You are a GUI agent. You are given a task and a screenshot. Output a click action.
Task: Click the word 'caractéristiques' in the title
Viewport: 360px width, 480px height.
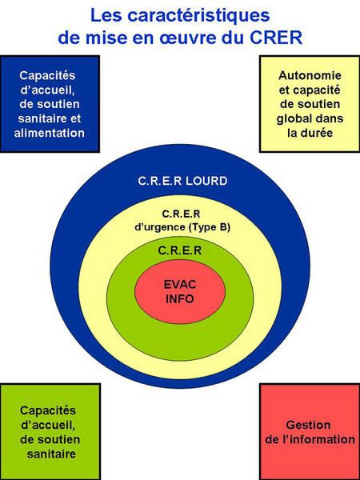tap(198, 17)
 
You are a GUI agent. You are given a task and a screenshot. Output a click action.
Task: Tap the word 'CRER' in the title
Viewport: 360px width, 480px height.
tap(276, 38)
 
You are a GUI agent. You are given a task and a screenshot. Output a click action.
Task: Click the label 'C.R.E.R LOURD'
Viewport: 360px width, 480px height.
tap(182, 181)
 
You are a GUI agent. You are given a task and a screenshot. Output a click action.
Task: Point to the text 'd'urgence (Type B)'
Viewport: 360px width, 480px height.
tap(182, 227)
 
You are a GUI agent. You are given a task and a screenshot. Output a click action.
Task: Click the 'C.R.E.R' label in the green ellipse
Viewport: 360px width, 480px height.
tap(180, 250)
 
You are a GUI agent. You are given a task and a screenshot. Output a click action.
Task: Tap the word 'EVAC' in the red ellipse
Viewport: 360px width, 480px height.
tap(180, 284)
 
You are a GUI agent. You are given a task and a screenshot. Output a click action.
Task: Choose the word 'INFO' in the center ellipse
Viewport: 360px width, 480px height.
tap(180, 298)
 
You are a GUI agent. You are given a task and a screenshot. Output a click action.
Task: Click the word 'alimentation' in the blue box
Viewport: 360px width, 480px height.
tap(50, 133)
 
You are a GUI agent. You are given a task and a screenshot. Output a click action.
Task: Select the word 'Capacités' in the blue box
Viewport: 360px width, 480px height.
tap(47, 76)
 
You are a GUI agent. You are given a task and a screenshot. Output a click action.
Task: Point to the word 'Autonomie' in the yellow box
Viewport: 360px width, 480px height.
tap(310, 75)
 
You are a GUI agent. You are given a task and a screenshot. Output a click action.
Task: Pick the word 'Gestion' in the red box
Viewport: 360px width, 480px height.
tap(308, 425)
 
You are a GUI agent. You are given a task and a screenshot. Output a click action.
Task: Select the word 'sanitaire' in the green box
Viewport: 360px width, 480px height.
tap(51, 454)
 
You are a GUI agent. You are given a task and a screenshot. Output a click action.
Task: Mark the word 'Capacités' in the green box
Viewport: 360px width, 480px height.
tap(48, 410)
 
